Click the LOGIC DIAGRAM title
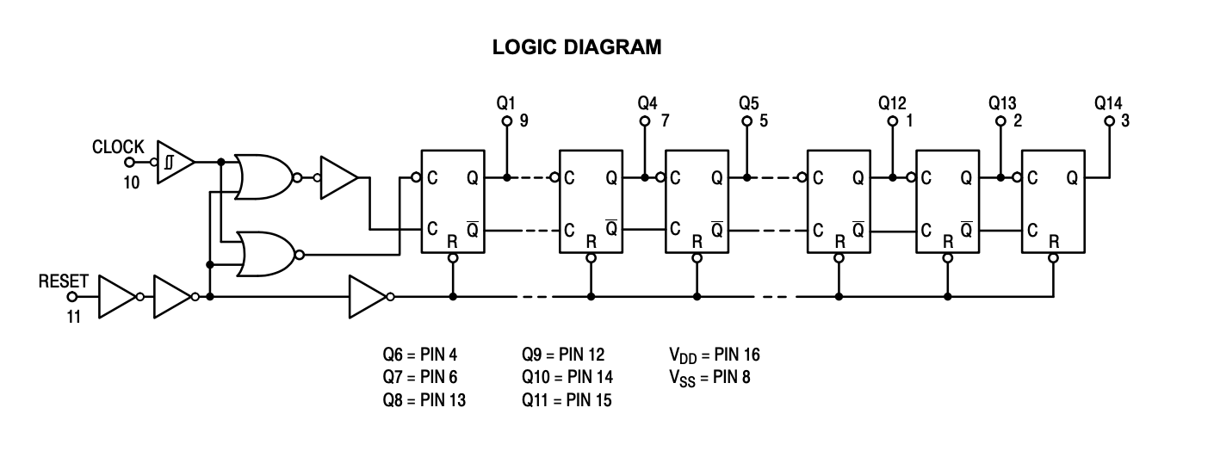coord(577,48)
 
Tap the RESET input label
coord(63,282)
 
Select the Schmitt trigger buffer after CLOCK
coord(174,161)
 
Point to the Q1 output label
coord(506,102)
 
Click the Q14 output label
coord(1108,102)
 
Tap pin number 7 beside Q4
coord(664,121)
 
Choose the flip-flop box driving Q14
coord(1052,201)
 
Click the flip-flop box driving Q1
coord(453,201)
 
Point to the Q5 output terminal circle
coord(746,122)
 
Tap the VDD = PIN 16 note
coord(714,355)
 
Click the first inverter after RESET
coord(115,297)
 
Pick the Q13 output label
coord(1001,102)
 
